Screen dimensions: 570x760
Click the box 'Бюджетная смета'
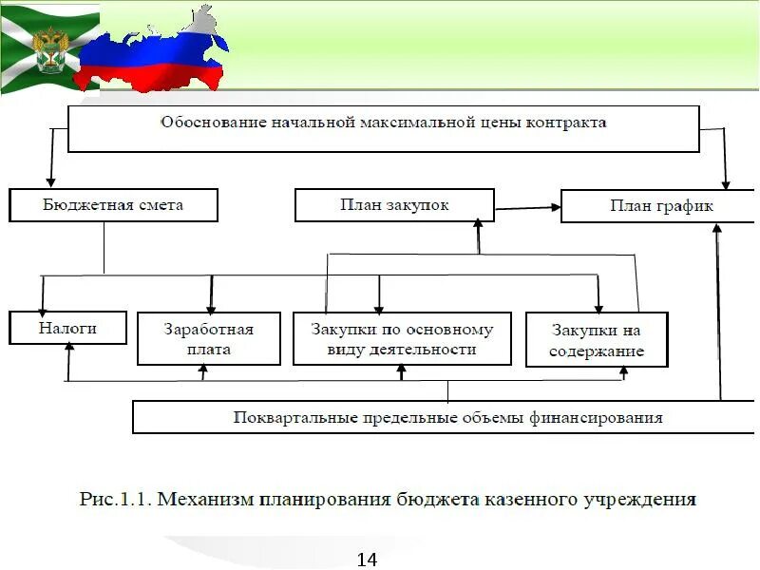[113, 205]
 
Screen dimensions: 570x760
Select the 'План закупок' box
[394, 205]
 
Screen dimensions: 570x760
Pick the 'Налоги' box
[67, 328]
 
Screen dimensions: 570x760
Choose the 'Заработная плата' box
[209, 339]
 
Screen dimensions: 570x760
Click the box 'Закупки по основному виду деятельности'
[402, 339]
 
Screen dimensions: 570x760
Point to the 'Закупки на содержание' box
[597, 340]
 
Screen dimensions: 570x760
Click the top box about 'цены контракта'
[384, 127]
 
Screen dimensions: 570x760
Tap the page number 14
[367, 560]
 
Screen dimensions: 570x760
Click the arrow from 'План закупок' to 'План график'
[527, 205]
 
